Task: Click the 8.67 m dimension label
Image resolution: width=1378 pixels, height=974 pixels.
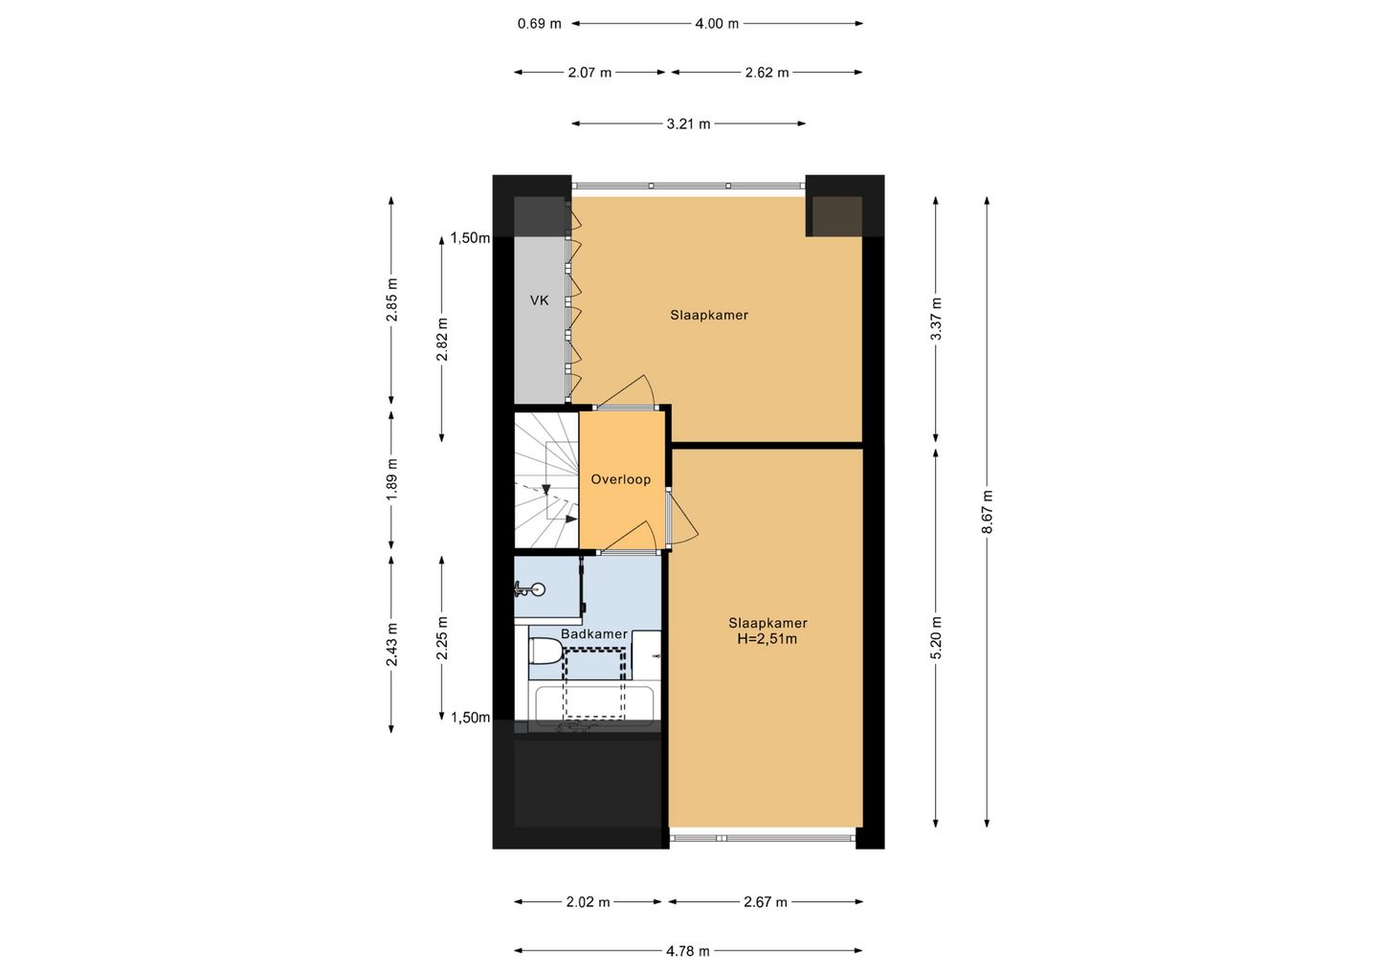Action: tap(987, 512)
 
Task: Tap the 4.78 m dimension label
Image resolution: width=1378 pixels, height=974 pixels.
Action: tap(688, 951)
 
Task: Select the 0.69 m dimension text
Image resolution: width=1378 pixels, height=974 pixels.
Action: tap(540, 24)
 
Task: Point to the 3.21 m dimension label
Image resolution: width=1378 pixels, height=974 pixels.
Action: tap(688, 124)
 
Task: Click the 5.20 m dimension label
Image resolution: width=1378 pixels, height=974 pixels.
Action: tap(936, 637)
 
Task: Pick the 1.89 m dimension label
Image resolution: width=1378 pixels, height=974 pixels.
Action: tap(392, 479)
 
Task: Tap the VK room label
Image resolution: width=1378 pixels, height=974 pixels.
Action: tap(540, 300)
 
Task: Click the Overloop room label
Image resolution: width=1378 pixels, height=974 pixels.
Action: tap(621, 479)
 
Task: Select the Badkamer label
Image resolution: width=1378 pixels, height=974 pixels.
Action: tap(593, 634)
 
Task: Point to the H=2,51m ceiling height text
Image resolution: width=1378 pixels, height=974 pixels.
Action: tap(767, 639)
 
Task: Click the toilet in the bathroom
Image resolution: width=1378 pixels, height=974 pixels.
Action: tap(545, 652)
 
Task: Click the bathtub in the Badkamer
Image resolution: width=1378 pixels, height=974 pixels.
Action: tap(594, 705)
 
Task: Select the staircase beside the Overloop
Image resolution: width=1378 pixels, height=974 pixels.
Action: tap(546, 479)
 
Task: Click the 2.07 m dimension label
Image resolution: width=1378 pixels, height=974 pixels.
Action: tap(589, 73)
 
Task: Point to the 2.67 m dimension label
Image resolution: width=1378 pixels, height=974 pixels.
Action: tap(766, 902)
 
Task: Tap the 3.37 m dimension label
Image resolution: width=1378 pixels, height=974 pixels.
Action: tap(936, 319)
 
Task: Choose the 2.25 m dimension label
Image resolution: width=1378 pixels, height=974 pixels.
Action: tap(442, 637)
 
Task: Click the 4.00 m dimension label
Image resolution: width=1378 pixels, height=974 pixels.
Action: tap(717, 24)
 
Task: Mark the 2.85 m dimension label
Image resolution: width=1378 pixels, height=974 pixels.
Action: tap(392, 299)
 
